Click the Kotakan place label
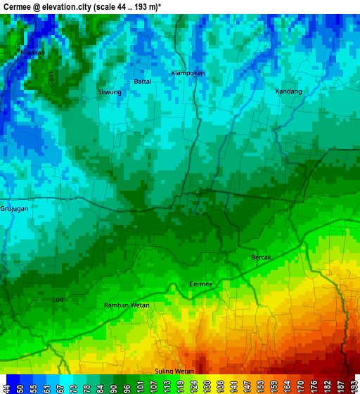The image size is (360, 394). coord(33,52)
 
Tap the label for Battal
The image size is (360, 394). coord(143,81)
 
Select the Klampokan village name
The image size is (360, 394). coord(188,72)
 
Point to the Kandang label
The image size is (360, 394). coord(289,91)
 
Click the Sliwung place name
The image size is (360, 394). coord(110,92)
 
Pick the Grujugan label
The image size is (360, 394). coord(15,209)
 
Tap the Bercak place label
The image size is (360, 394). coord(261,257)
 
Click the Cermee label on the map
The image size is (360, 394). coord(201,284)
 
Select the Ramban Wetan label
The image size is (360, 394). coord(127,305)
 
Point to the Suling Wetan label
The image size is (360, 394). coord(174,371)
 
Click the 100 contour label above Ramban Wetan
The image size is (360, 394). coord(58,300)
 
